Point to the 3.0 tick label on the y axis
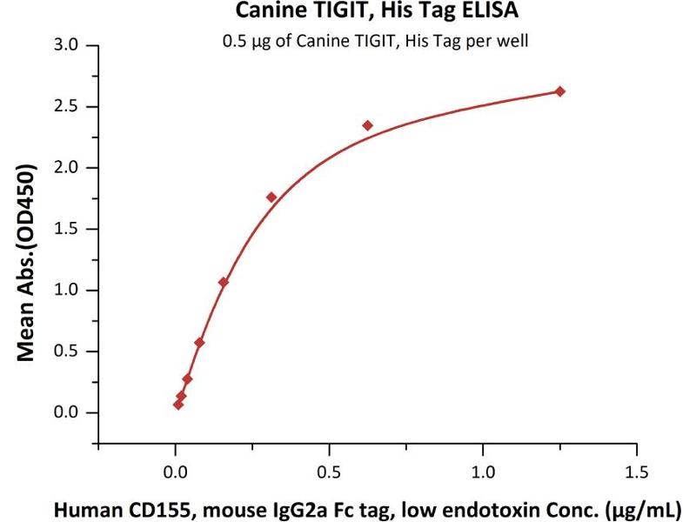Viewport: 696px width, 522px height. click(66, 45)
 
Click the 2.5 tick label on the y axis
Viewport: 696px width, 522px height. click(66, 107)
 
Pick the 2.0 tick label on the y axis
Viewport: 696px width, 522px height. click(66, 168)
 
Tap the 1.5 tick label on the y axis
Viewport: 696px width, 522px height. click(66, 230)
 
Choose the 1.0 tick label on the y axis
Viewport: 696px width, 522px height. click(66, 291)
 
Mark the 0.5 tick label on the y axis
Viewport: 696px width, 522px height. click(66, 352)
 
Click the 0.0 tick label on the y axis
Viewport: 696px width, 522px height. click(66, 413)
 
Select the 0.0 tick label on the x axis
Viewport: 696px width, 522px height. click(176, 473)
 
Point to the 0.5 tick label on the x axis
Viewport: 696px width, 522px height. click(329, 473)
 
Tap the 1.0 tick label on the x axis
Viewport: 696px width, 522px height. click(483, 473)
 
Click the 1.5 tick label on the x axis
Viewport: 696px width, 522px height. click(636, 473)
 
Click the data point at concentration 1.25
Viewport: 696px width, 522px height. click(560, 91)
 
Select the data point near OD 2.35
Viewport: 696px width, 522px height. click(367, 125)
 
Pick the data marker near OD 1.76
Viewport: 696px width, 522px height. click(271, 197)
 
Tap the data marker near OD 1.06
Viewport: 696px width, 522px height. click(224, 283)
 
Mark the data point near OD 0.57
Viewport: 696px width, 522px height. click(200, 343)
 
